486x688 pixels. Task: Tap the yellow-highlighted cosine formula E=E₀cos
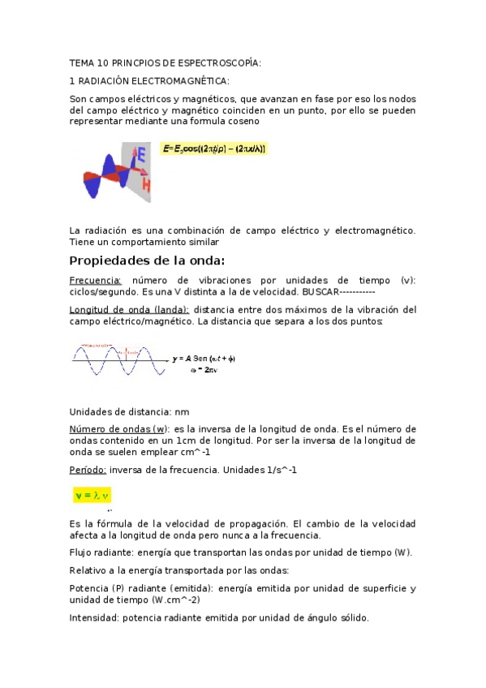coord(214,149)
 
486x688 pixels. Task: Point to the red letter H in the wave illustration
coord(146,185)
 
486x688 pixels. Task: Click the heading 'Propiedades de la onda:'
coord(147,260)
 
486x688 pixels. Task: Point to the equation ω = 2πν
coord(203,369)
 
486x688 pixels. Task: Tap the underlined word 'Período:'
coord(88,470)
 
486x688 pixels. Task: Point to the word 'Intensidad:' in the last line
coord(95,617)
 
